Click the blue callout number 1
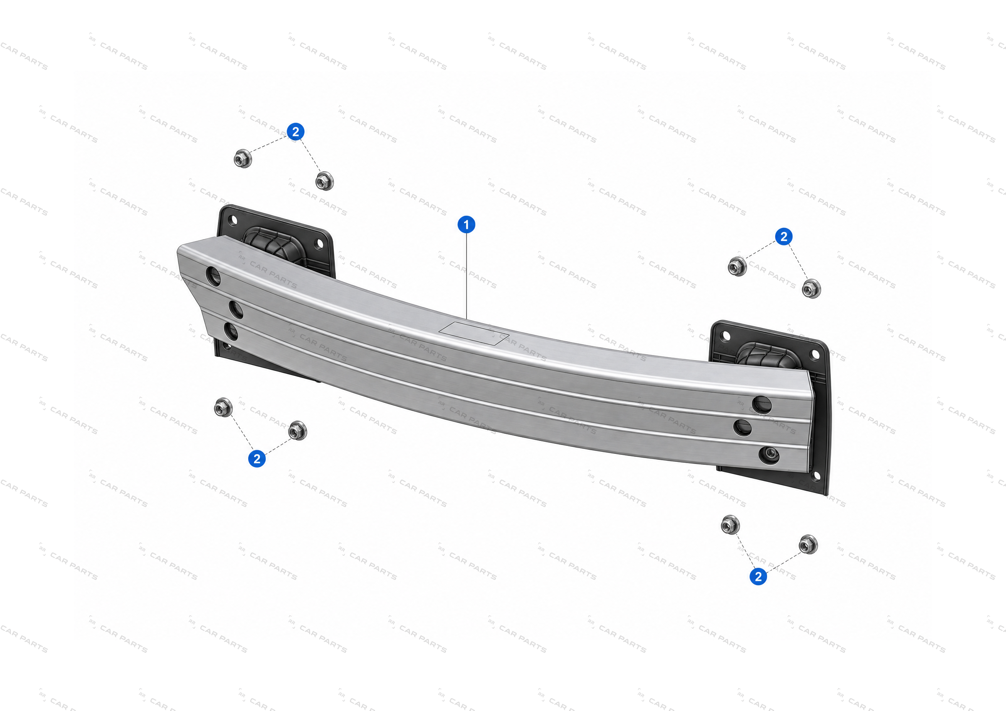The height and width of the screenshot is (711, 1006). click(x=466, y=224)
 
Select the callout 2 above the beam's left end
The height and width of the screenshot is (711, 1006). click(x=296, y=131)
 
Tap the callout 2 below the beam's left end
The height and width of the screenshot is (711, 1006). click(x=257, y=459)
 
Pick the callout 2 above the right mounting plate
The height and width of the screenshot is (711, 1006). click(x=783, y=237)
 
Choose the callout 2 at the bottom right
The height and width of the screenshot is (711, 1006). click(x=758, y=576)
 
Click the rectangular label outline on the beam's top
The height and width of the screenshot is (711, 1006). click(x=474, y=333)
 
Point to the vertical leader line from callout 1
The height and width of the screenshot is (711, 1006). click(x=467, y=276)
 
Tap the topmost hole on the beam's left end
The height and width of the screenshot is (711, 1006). click(x=213, y=276)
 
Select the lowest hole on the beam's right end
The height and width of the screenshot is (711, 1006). click(x=769, y=455)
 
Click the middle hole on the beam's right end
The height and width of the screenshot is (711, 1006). click(x=742, y=427)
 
